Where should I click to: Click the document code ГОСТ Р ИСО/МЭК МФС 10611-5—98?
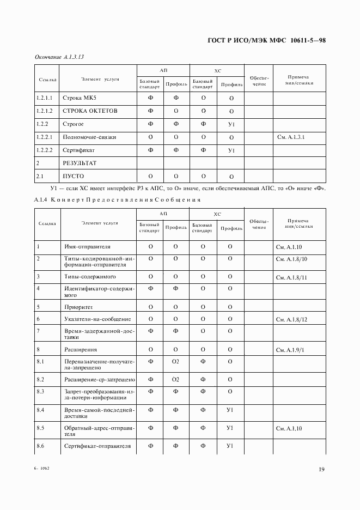(266, 41)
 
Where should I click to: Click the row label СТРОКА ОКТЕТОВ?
(90, 111)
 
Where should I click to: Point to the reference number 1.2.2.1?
(45, 137)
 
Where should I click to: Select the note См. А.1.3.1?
(291, 137)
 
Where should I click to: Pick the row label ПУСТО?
(74, 176)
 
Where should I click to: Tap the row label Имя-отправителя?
(88, 247)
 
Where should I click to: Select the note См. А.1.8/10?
(292, 260)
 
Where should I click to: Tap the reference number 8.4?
(40, 409)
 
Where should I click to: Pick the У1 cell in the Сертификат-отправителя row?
(230, 446)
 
